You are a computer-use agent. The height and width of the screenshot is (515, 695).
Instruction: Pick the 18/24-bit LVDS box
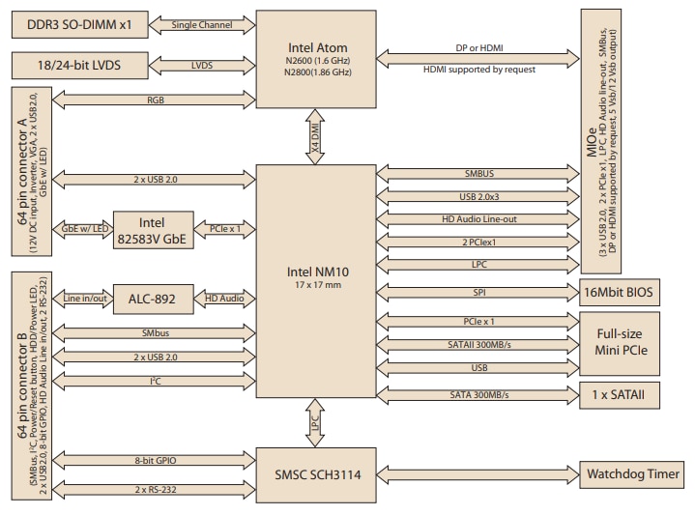pyautogui.click(x=79, y=65)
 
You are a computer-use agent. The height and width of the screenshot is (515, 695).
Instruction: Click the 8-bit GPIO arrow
pyautogui.click(x=155, y=462)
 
